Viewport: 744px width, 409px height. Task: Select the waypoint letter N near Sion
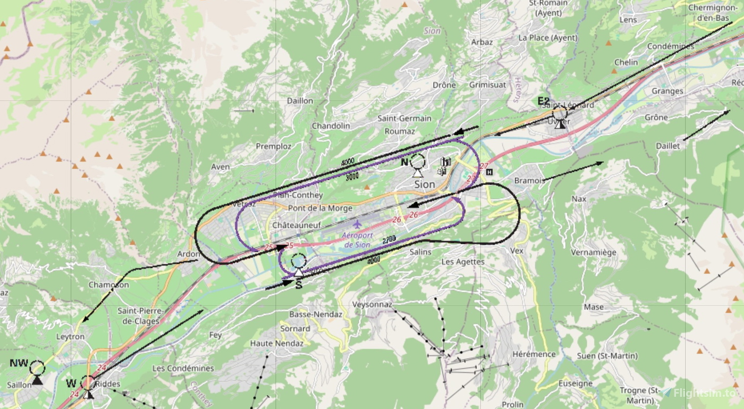[405, 162]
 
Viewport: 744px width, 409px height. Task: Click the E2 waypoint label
[544, 101]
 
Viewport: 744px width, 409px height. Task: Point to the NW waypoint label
[19, 364]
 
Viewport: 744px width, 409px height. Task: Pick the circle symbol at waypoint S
[299, 261]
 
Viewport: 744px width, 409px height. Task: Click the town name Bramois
[529, 181]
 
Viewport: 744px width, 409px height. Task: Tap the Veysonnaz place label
[372, 305]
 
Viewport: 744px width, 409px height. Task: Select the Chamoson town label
[109, 285]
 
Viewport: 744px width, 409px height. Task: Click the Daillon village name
[300, 101]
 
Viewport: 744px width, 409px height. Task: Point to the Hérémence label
[534, 354]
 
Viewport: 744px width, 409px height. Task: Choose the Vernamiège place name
[593, 253]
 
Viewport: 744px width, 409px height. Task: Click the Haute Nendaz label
[276, 344]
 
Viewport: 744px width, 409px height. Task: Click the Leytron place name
[70, 337]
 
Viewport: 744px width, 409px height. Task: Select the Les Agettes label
[463, 262]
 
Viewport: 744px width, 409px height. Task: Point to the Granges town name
[667, 91]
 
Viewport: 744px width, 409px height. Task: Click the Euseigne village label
[576, 383]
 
